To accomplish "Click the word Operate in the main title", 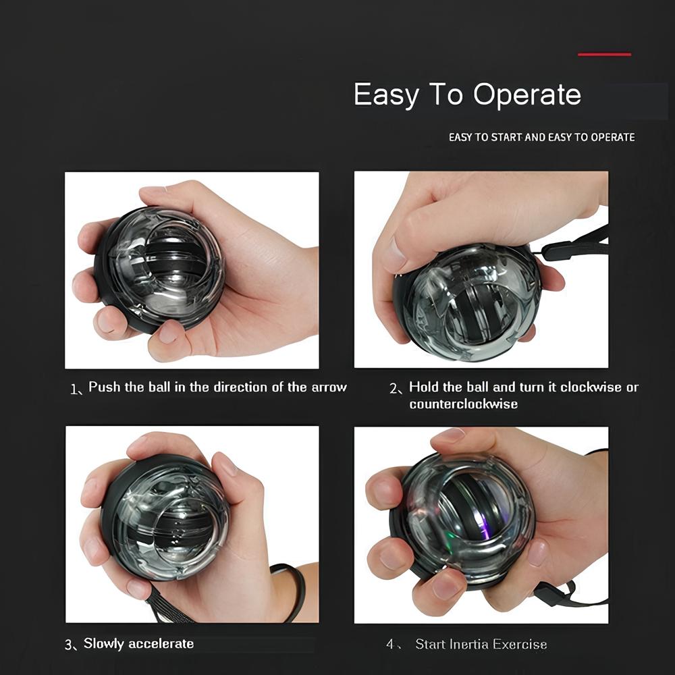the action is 527,94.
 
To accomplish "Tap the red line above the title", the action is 604,55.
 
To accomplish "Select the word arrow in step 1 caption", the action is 329,387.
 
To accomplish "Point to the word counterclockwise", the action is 463,404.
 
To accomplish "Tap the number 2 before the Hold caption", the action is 394,389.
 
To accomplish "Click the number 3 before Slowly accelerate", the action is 68,645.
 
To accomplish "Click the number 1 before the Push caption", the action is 73,389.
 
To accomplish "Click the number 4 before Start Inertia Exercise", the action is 390,645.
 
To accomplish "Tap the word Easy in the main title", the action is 385,94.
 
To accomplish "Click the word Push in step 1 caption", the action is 104,387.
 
